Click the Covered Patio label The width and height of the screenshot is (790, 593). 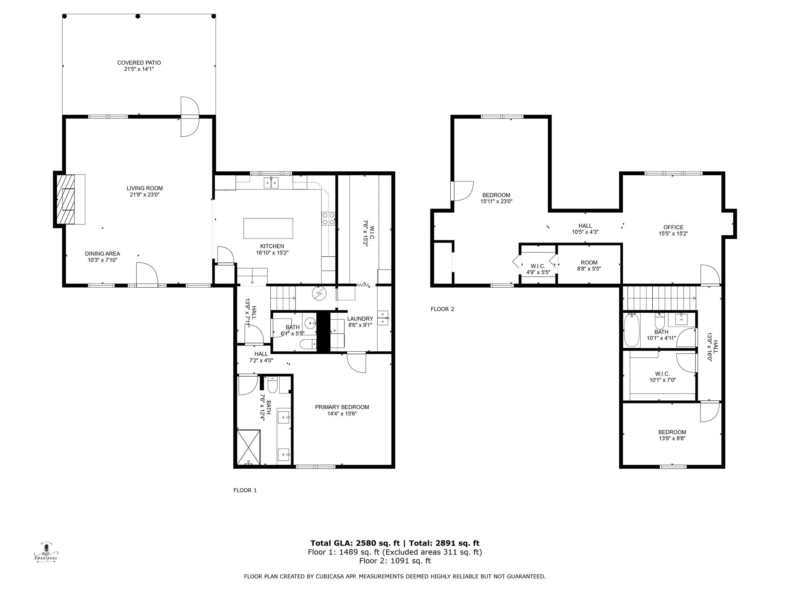[139, 63]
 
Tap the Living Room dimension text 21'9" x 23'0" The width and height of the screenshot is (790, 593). [145, 195]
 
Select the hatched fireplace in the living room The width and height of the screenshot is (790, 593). [66, 199]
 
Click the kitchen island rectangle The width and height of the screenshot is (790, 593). [268, 229]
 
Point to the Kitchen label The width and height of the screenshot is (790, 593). [272, 246]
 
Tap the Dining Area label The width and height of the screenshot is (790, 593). [103, 254]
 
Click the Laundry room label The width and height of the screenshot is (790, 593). [360, 319]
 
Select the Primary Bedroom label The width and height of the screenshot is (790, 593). [342, 407]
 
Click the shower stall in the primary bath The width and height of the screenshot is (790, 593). [249, 447]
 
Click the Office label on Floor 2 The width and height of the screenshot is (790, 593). [673, 227]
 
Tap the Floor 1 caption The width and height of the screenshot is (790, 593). [245, 490]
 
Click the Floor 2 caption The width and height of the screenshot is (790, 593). [442, 309]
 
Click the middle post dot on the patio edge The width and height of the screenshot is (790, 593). [137, 16]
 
